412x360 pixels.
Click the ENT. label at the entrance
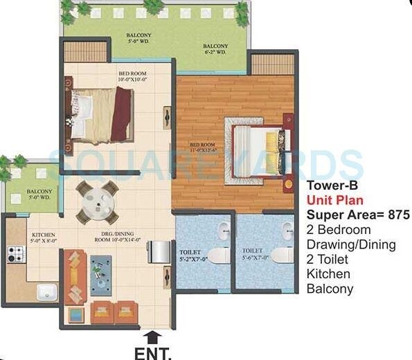153,353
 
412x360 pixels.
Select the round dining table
97,201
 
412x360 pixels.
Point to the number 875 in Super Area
397,215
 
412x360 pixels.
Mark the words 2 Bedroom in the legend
339,230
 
